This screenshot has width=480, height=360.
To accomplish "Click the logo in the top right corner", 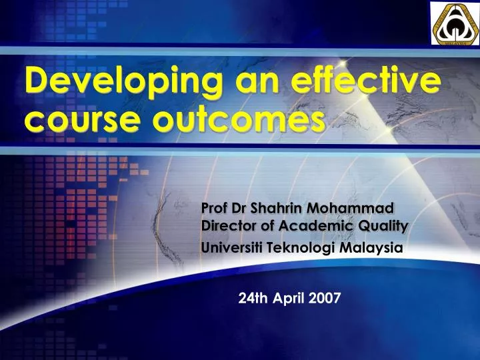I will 453,24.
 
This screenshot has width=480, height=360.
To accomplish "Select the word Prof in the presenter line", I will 213,209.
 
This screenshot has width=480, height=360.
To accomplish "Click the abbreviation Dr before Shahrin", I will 237,209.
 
